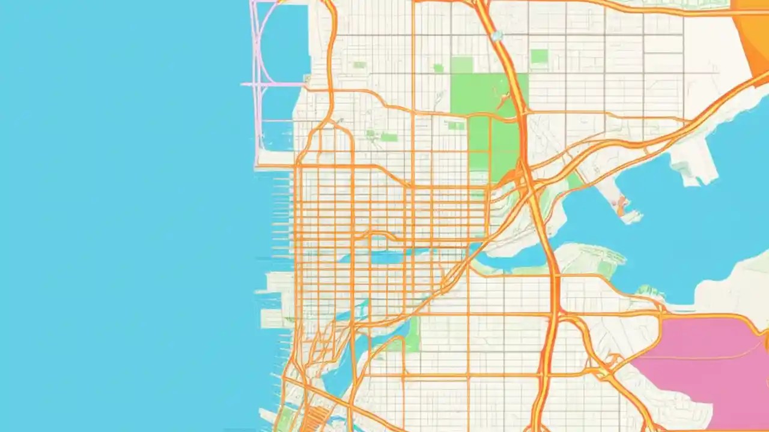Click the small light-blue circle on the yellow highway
click(x=496, y=36)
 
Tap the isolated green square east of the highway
click(x=539, y=57)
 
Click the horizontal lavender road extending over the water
click(x=273, y=85)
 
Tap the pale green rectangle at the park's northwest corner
click(x=462, y=65)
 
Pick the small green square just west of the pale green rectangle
click(x=439, y=68)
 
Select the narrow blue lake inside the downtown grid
click(x=384, y=257)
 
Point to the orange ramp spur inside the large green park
click(x=502, y=96)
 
